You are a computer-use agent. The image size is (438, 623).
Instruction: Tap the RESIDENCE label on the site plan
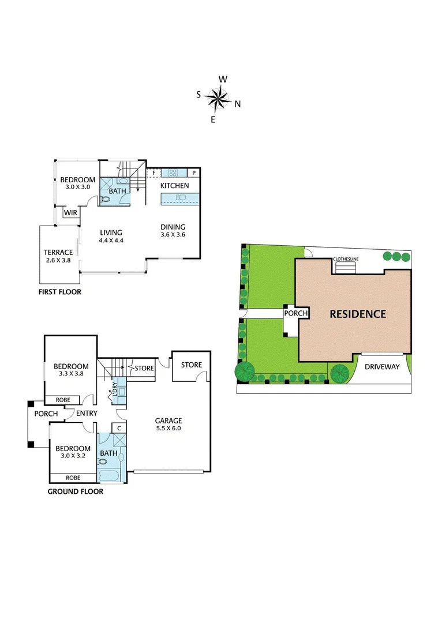[357, 314]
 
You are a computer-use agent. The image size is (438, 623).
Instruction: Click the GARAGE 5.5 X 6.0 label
[167, 425]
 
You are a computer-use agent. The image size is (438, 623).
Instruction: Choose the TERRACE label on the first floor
[58, 256]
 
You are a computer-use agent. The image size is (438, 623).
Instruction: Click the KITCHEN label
[174, 186]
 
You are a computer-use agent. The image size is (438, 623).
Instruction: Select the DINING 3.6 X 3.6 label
[173, 231]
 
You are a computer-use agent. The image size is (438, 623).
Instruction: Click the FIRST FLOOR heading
[60, 292]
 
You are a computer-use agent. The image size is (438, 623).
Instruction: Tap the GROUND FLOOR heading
[76, 492]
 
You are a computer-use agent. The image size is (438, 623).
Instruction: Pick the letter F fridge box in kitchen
[154, 172]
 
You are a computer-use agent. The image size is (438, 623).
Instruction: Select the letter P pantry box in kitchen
[194, 172]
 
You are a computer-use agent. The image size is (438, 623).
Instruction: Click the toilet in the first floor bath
[106, 200]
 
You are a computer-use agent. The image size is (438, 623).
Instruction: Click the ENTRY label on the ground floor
[86, 414]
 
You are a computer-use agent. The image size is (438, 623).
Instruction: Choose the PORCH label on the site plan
[295, 313]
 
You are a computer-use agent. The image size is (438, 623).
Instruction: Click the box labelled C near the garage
[119, 428]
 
